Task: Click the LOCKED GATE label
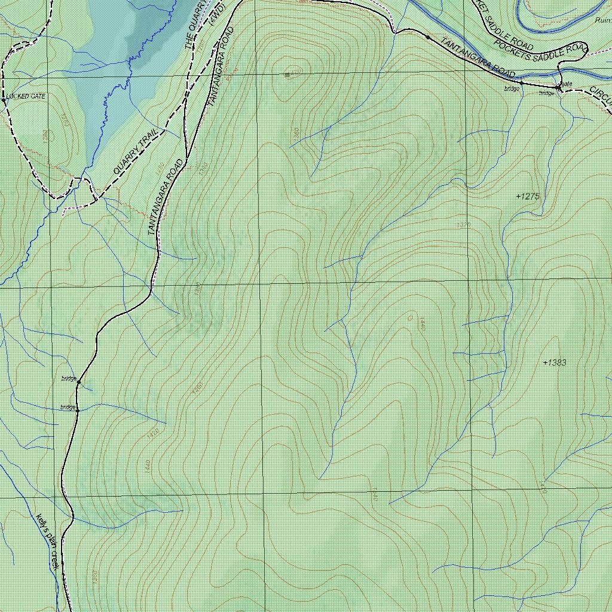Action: coord(26,96)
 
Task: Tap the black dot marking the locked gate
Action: coord(4,100)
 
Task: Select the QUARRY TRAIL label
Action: coord(136,152)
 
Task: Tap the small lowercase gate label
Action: coord(567,84)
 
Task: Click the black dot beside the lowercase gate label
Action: coord(558,88)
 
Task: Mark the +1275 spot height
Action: coord(528,196)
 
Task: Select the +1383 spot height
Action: coord(555,363)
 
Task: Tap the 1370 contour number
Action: coord(463,225)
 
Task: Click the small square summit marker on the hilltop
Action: coord(287,75)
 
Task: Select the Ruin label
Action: coord(602,20)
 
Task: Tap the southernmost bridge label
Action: coord(68,408)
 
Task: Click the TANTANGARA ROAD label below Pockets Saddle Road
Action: coord(478,57)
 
